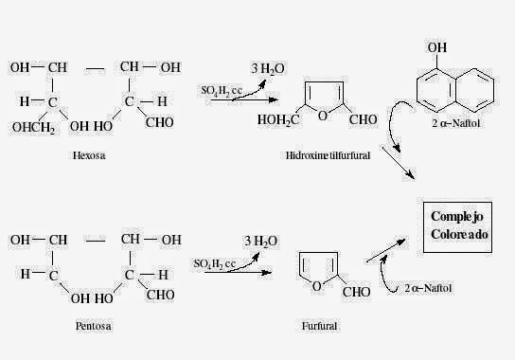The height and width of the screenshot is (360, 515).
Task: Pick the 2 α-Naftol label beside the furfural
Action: pos(436,287)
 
